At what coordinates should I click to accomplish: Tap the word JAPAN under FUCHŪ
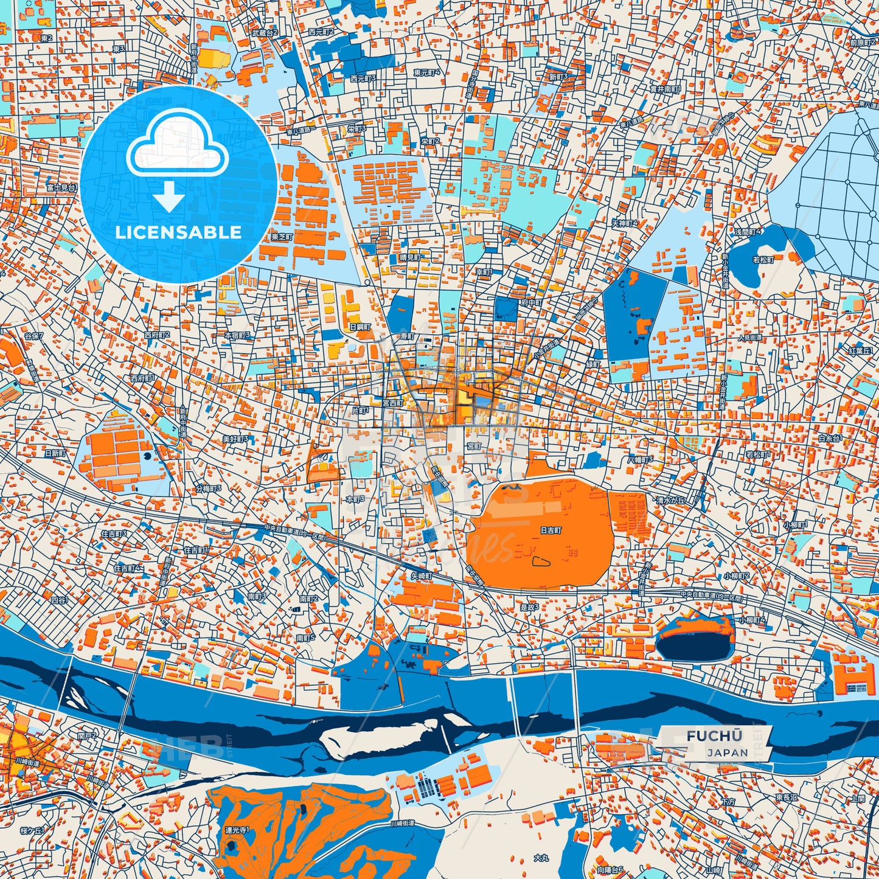point(728,752)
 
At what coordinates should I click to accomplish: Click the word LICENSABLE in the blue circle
point(178,232)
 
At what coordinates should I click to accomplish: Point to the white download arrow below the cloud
point(169,198)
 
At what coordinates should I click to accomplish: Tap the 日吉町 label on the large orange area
point(551,530)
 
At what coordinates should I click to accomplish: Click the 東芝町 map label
point(282,237)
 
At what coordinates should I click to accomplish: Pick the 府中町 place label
point(530,302)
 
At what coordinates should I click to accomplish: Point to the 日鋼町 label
point(360,327)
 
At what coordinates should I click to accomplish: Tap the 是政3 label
point(529,606)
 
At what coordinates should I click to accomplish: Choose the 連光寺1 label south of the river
point(237,829)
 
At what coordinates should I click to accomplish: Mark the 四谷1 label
point(60,600)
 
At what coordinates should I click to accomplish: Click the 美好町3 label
point(235,439)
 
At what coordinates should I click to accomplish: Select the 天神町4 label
point(625,224)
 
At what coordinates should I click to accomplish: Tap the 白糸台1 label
point(830,438)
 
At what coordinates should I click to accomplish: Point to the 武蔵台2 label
point(265,32)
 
